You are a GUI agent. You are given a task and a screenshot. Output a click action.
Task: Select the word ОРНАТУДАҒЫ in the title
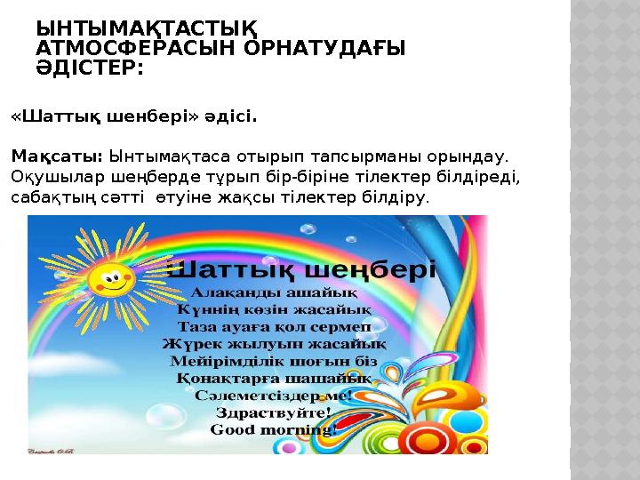326,50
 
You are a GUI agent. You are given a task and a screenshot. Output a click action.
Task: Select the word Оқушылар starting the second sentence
49,176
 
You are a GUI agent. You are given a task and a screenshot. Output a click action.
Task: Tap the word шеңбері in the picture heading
372,268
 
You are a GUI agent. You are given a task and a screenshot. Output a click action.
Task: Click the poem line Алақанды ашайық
276,291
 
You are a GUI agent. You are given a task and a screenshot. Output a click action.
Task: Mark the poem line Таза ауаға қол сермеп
275,325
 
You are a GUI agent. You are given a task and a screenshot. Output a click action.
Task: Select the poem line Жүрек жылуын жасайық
273,343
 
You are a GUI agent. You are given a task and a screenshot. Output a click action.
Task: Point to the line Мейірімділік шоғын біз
273,361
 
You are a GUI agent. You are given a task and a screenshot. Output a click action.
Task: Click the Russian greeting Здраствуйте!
273,412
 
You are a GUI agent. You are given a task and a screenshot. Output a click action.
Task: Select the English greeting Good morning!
273,429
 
